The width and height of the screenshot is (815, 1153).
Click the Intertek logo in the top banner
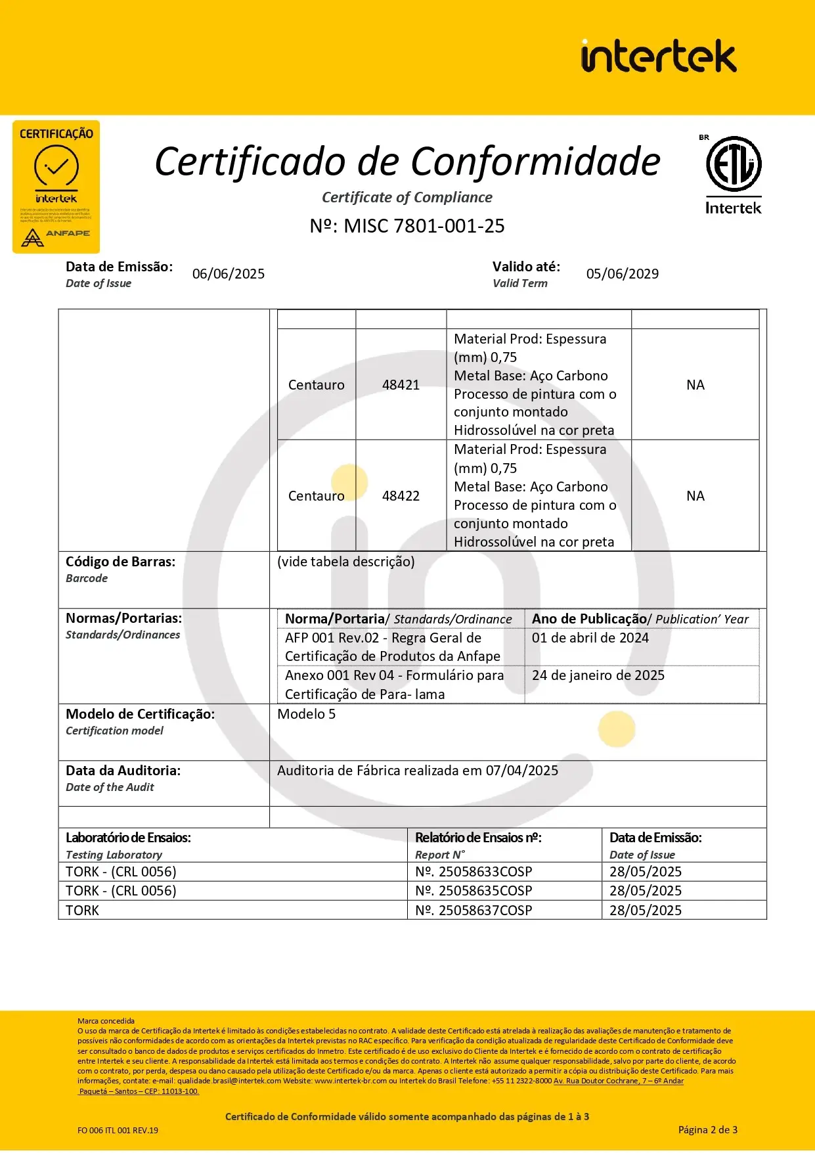658,56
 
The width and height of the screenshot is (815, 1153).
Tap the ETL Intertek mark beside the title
733,175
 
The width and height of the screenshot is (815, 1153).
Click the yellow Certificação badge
56,187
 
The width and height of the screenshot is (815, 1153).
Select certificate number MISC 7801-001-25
407,226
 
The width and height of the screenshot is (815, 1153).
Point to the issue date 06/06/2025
229,274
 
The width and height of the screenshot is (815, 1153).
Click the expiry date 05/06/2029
623,274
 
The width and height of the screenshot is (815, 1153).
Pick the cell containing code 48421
401,385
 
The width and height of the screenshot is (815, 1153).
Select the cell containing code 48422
401,496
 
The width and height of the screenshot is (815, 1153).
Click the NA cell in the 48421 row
695,385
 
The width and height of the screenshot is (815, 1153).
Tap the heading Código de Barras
121,562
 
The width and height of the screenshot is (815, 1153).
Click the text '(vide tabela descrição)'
346,562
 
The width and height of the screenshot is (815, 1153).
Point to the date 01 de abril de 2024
590,638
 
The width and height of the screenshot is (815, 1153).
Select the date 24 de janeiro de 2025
598,675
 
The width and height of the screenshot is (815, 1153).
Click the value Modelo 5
306,714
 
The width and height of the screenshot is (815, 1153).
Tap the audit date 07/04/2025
522,771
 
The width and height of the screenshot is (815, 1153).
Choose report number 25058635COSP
485,891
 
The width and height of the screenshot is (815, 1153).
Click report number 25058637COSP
485,911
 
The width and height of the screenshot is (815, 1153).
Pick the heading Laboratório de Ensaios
128,838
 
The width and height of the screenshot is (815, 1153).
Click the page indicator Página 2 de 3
707,1130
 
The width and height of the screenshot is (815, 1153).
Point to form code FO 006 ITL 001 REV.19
118,1131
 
